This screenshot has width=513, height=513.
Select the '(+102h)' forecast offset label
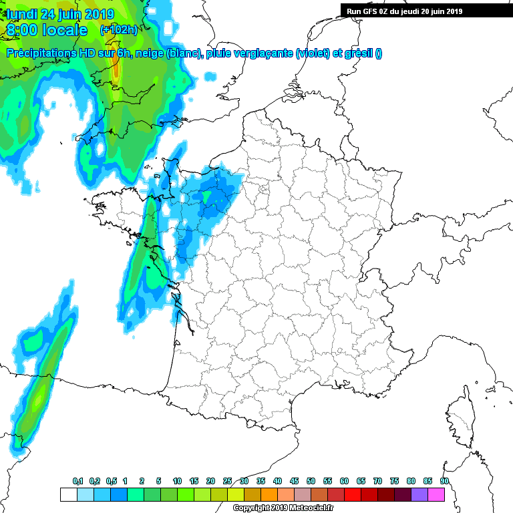click(x=118, y=30)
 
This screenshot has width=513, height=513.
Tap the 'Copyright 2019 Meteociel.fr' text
click(x=273, y=508)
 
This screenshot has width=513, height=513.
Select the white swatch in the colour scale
click(x=68, y=494)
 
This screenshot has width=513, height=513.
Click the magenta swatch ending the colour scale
click(x=436, y=494)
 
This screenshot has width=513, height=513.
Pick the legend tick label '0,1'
click(x=77, y=481)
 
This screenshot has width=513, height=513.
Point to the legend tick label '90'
click(x=444, y=481)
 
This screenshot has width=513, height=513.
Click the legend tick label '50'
click(x=311, y=481)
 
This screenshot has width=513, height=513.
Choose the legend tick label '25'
click(x=227, y=481)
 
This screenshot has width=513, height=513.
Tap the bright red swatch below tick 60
click(x=352, y=494)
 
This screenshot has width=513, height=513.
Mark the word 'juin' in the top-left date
click(x=73, y=14)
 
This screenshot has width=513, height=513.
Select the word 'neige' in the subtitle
click(x=150, y=54)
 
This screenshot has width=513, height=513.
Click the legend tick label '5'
click(x=158, y=481)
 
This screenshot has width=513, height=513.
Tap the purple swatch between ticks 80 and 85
click(x=419, y=494)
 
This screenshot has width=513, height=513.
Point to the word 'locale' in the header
click(x=64, y=30)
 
